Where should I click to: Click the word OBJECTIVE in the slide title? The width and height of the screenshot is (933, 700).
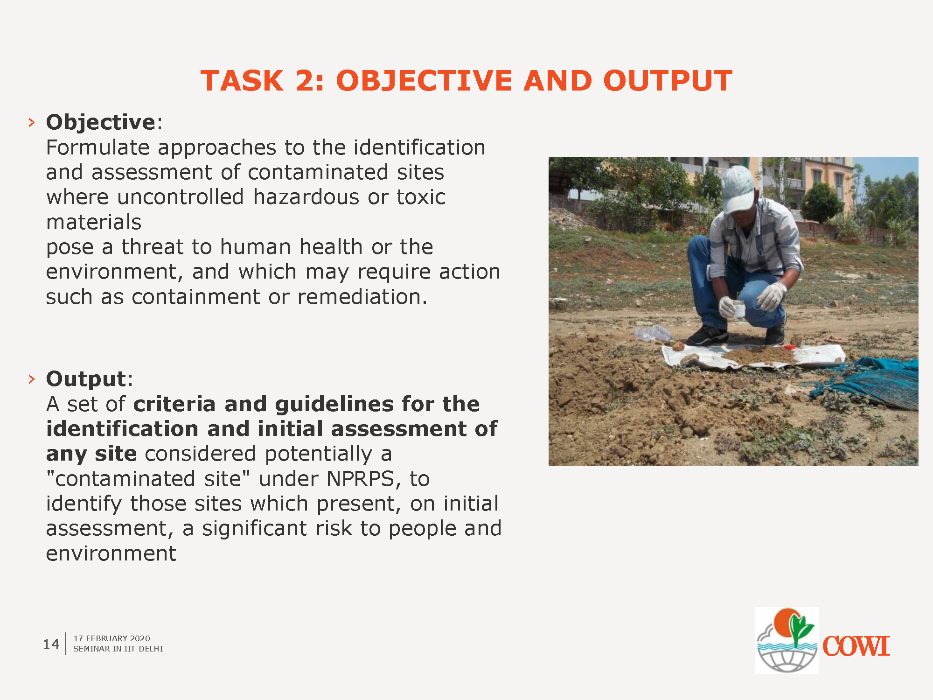(425, 81)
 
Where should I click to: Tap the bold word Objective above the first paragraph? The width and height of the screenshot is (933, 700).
(101, 122)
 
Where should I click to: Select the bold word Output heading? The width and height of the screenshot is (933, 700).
(86, 378)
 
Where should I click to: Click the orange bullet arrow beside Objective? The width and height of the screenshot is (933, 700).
(31, 123)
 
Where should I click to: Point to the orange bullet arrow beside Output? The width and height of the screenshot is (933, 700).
(31, 379)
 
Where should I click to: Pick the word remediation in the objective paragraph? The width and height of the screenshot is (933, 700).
(362, 296)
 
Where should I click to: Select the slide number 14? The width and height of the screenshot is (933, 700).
(51, 644)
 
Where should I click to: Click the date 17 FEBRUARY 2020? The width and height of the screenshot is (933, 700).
(112, 638)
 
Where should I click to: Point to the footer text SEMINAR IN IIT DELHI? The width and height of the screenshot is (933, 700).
(118, 649)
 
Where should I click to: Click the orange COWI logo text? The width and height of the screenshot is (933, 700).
(856, 646)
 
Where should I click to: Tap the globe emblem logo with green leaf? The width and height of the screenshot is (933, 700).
(787, 640)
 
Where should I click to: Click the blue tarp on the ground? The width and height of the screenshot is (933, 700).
(868, 380)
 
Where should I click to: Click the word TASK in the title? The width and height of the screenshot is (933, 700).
(242, 81)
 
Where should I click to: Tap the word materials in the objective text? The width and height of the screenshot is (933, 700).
(94, 222)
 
